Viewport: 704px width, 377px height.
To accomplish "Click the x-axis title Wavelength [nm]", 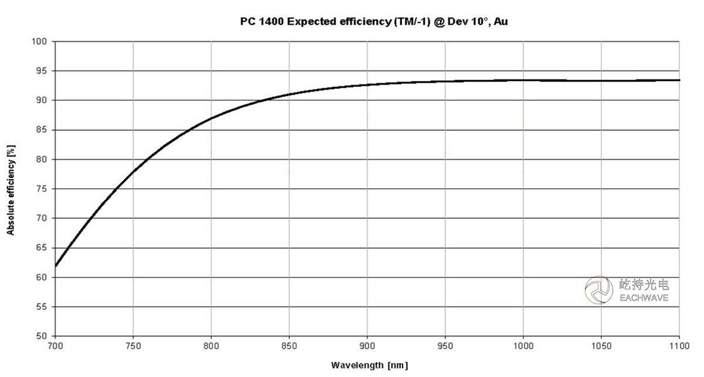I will coord(369,365).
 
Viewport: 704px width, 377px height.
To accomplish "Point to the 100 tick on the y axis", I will coord(39,42).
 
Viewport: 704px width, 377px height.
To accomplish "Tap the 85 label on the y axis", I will coord(41,130).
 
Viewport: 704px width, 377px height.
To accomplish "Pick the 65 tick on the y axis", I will coord(41,248).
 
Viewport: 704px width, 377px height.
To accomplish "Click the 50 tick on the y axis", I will coord(41,336).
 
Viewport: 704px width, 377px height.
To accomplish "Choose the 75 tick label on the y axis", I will coord(41,189).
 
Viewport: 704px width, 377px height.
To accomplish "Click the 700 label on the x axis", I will coord(55,346).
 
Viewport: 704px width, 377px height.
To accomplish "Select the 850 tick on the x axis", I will coord(289,346).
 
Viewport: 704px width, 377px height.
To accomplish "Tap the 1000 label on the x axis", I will coord(523,346).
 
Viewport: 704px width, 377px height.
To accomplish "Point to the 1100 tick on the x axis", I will coord(679,346).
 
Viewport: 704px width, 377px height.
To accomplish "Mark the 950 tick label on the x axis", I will coord(445,346).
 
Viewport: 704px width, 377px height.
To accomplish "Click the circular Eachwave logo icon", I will coord(599,290).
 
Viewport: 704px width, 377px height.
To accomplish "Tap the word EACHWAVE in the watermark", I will coord(644,298).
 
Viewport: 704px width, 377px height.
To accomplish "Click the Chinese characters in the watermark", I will coord(644,285).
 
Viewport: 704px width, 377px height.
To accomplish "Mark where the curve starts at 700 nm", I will coord(55,265).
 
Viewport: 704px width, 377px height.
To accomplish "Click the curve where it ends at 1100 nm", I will coord(678,80).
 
